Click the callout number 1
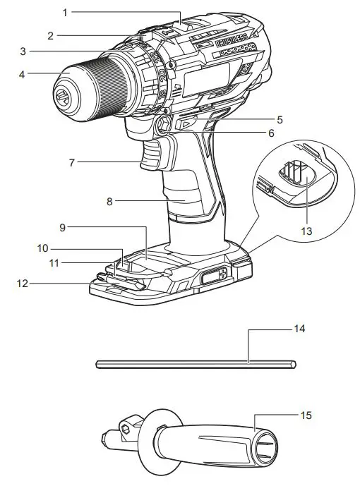tap(65, 13)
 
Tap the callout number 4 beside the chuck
tap(21, 75)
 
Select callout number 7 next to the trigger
tap(72, 162)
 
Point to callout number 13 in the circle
tap(306, 231)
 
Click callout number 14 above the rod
tap(299, 329)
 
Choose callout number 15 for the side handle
tap(306, 415)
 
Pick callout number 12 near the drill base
tap(23, 284)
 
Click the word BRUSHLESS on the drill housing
tap(231, 41)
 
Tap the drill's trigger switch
tap(151, 155)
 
